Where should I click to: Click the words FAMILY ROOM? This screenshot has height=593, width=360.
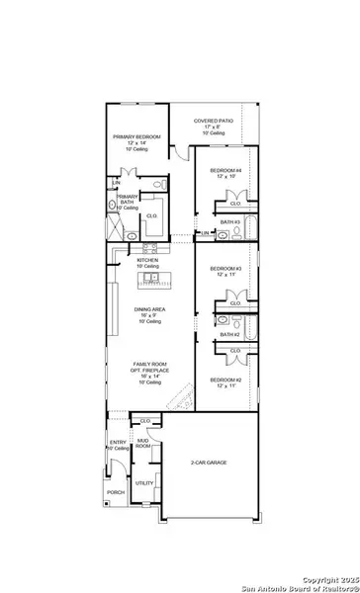click(148, 365)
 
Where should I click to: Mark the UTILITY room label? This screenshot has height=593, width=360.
click(144, 483)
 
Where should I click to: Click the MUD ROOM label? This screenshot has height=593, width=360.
click(143, 445)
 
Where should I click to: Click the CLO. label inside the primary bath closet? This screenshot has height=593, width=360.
click(152, 214)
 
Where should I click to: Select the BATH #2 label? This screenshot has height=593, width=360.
click(230, 335)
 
